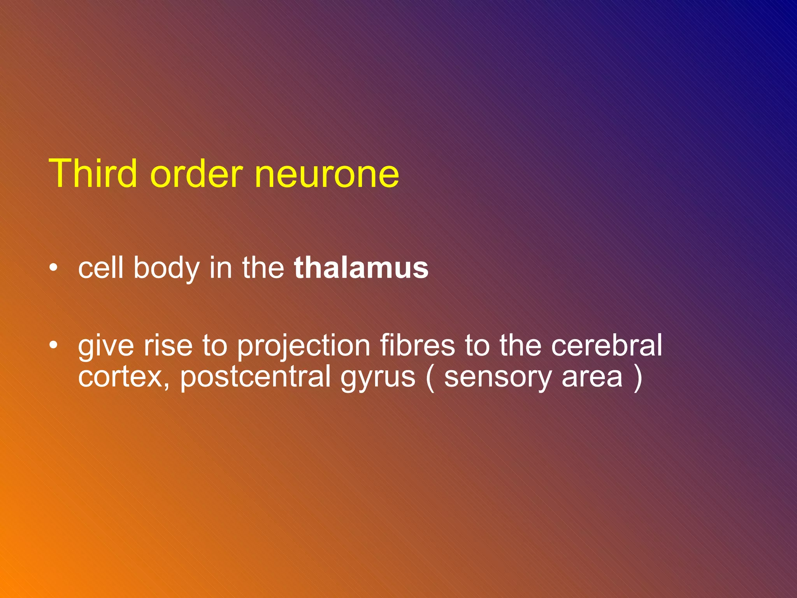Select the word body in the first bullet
coord(167,269)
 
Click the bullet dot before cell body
coord(54,267)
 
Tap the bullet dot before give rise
coord(54,345)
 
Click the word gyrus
coord(378,378)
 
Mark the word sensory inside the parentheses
coord(498,378)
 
